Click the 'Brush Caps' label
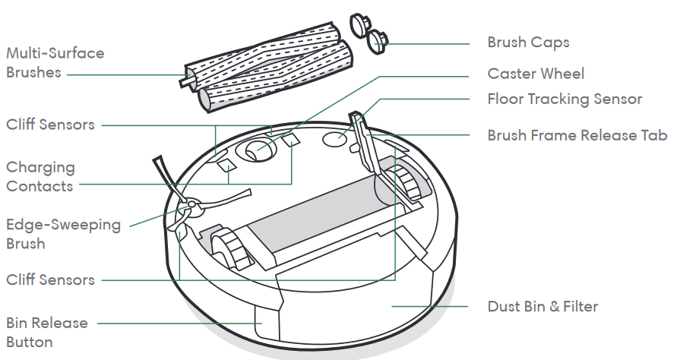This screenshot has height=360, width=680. coord(528,43)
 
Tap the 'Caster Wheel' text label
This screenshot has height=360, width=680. coord(536,74)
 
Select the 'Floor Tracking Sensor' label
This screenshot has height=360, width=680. coord(565,99)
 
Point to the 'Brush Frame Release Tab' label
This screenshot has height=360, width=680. coord(577,135)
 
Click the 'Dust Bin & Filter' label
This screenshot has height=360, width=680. coord(542,306)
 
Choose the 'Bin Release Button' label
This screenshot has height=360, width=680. coord(47,332)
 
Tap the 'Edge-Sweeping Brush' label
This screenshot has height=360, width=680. coord(63,234)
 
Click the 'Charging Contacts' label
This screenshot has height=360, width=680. coord(40,176)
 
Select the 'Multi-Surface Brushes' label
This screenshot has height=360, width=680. coord(55,62)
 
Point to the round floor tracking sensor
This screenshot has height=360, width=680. coord(335,139)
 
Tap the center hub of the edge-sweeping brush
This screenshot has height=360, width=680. coord(191,207)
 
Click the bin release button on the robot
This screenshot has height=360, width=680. coord(266,322)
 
